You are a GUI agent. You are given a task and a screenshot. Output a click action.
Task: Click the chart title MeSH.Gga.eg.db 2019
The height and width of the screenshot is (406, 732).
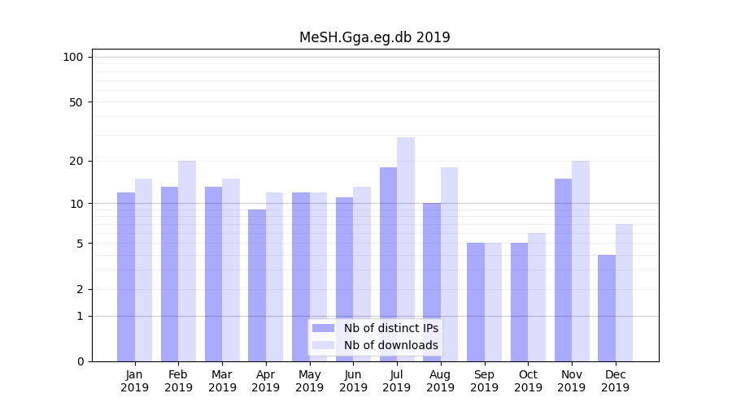pos(374,37)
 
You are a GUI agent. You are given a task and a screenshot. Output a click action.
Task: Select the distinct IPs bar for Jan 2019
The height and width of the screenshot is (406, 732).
pos(126,276)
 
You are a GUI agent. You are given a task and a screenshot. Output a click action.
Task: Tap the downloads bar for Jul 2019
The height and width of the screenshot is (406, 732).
pos(406,248)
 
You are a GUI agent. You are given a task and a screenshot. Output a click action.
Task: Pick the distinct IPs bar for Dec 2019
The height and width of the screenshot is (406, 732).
pos(607,308)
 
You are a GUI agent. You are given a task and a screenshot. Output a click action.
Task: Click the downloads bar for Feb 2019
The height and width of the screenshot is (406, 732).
pos(187,261)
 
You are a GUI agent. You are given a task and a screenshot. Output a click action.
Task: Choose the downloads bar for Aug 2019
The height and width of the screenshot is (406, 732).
pos(449,264)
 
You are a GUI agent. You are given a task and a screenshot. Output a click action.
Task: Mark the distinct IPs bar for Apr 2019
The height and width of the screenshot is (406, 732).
pos(257,285)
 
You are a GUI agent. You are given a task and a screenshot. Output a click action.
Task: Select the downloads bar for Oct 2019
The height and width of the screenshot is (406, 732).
pos(537,296)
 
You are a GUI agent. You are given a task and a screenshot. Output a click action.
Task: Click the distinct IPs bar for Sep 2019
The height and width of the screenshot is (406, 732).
pos(476,301)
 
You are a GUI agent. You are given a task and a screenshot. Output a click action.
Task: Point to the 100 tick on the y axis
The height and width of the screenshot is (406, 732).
pos(73,57)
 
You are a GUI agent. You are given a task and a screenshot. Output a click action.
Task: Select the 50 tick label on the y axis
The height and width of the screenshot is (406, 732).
pos(76,102)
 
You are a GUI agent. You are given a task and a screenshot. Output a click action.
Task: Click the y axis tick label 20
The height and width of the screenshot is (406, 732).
pos(76,161)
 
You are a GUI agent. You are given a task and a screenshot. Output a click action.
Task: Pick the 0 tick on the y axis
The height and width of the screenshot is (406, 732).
pos(80,361)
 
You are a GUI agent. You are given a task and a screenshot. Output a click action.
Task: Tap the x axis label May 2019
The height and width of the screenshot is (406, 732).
pos(310,381)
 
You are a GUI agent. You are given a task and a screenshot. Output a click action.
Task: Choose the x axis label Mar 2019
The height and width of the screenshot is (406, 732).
pos(222,381)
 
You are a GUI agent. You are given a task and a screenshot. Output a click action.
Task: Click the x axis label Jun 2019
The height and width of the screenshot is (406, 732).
pos(353,381)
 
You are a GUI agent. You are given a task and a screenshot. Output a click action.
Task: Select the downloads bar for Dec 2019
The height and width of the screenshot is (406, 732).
pos(624,292)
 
